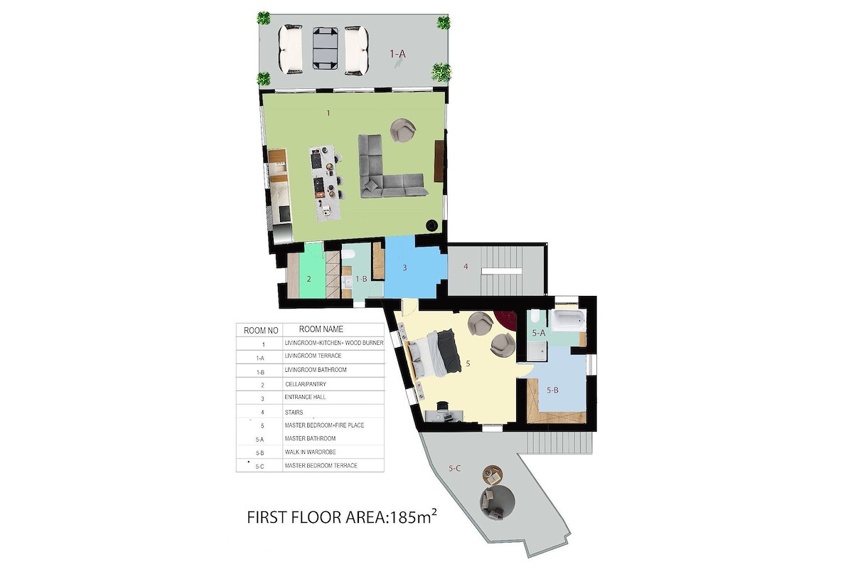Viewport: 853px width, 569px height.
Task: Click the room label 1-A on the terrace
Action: (x=397, y=54)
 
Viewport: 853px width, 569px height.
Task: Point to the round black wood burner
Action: (x=431, y=225)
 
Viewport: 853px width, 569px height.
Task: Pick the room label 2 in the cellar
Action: (x=309, y=279)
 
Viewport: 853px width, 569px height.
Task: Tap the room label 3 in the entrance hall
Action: (x=404, y=268)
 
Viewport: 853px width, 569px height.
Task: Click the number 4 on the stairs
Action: (x=466, y=267)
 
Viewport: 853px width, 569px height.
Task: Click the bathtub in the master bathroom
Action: (x=569, y=321)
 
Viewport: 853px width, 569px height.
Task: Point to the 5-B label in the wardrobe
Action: (x=552, y=390)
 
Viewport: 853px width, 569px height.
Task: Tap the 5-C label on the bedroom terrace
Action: (x=454, y=469)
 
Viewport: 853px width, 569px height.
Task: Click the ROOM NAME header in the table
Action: (x=321, y=329)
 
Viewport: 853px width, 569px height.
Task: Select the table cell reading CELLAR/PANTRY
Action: (x=306, y=384)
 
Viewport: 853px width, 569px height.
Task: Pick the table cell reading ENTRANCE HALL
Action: (x=305, y=397)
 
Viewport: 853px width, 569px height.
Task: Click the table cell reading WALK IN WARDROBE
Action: (x=311, y=452)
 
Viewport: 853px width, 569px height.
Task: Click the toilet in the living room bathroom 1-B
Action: (x=348, y=253)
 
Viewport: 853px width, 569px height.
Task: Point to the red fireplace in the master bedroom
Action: (x=505, y=321)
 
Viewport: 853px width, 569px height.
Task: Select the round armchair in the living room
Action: (x=403, y=130)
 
